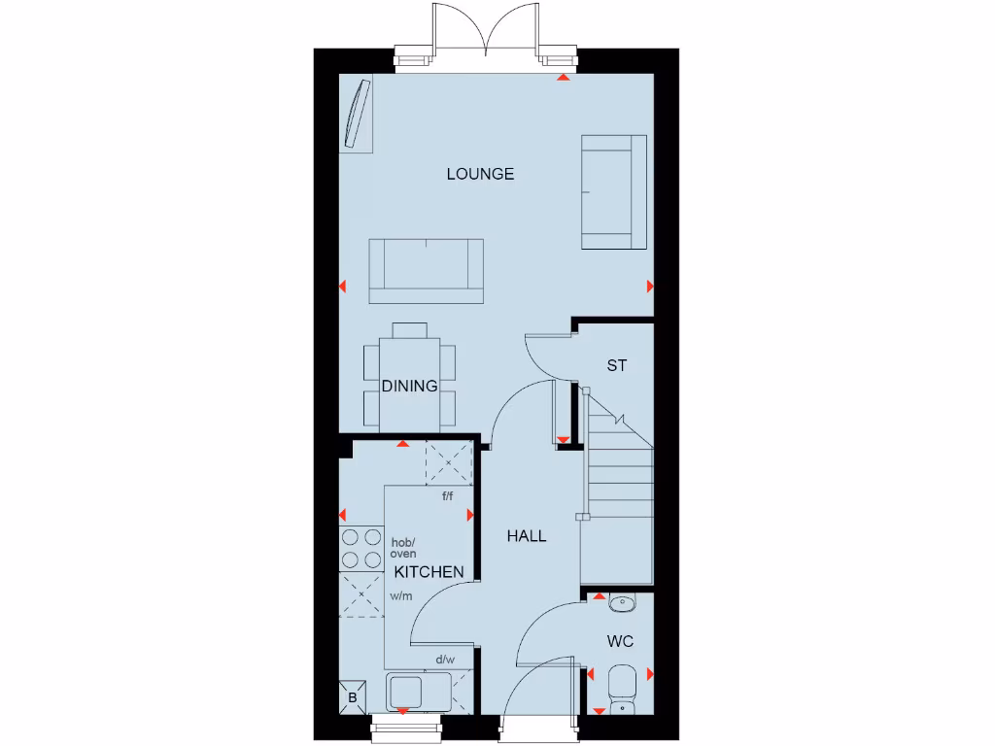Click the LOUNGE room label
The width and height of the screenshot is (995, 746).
480,175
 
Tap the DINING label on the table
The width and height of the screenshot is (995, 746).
409,386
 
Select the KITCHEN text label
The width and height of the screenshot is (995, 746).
429,572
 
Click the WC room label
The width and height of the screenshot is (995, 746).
620,642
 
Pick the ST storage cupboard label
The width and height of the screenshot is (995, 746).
617,366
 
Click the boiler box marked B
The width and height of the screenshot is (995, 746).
353,697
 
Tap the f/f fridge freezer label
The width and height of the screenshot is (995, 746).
448,496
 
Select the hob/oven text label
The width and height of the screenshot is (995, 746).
403,548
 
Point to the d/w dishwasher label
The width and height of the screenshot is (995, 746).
445,660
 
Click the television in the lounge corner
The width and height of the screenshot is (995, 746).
358,115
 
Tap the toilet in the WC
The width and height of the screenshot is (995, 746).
620,687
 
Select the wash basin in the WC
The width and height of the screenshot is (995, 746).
621,604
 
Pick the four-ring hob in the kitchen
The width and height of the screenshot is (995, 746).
360,548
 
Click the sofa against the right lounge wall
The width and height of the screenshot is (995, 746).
614,191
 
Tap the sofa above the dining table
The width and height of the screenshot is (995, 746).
427,270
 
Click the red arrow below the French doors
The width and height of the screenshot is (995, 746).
564,77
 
